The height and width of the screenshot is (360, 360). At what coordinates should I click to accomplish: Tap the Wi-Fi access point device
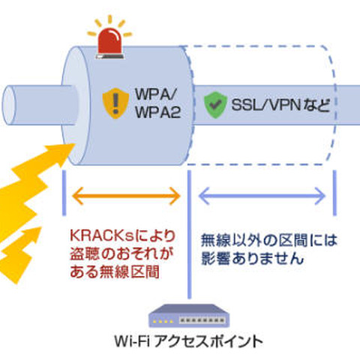click(x=187, y=314)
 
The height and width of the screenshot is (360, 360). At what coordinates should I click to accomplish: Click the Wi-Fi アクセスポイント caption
click(x=187, y=342)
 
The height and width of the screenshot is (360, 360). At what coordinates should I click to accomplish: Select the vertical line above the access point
click(x=187, y=247)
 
